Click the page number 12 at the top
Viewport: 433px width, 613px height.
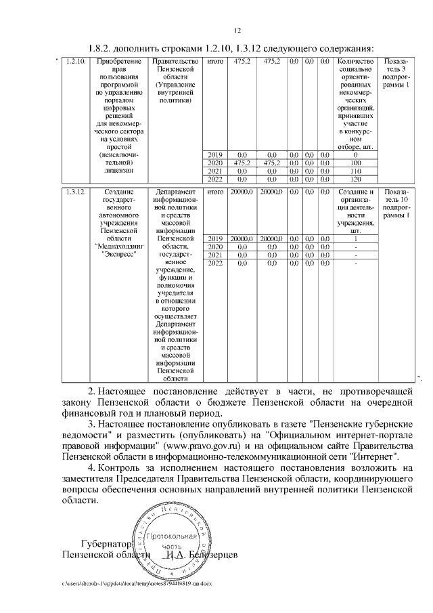(x=237, y=30)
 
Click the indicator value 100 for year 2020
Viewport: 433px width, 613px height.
(x=355, y=163)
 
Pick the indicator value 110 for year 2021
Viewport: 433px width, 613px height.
(x=355, y=171)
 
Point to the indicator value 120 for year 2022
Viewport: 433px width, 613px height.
(x=355, y=179)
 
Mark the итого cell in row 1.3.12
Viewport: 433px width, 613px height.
(x=215, y=193)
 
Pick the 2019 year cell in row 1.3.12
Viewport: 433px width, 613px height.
(x=215, y=239)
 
